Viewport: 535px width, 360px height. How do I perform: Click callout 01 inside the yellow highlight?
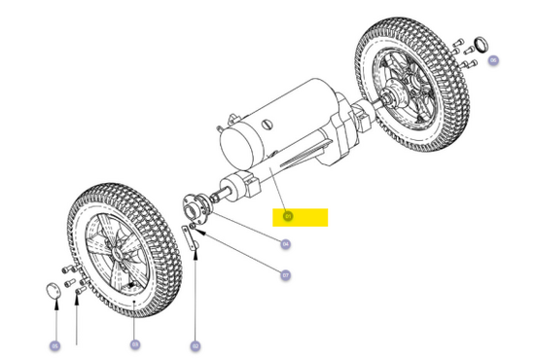[287, 216]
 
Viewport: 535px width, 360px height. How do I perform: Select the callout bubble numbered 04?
[285, 244]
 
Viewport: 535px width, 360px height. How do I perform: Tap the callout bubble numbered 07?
[286, 275]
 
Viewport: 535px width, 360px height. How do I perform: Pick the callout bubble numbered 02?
[195, 345]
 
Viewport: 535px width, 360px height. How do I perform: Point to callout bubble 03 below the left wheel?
[135, 344]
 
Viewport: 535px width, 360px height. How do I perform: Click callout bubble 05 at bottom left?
[55, 345]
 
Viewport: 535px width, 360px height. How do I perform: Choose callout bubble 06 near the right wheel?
[493, 60]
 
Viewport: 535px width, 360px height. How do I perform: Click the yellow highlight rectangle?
[301, 217]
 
